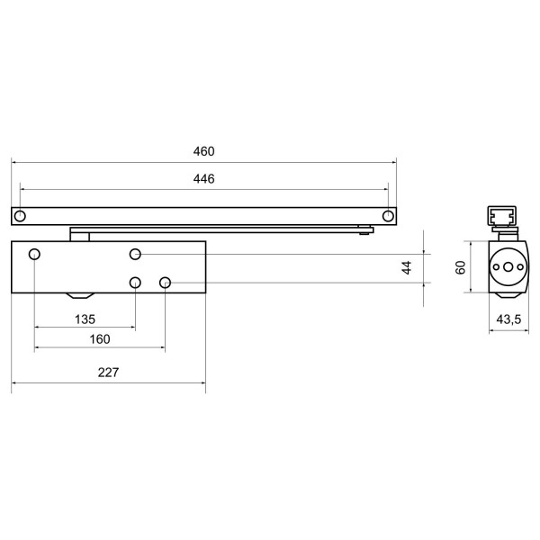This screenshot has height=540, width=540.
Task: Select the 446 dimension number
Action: click(203, 179)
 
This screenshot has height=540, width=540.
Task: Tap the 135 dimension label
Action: click(84, 319)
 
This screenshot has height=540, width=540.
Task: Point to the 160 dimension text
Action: click(100, 339)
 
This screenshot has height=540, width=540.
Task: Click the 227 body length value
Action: click(108, 373)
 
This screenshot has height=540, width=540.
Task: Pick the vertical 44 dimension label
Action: click(406, 267)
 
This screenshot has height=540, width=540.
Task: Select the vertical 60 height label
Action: click(460, 267)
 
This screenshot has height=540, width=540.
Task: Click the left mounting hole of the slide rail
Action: click(20, 216)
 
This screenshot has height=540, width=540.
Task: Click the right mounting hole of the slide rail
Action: click(388, 216)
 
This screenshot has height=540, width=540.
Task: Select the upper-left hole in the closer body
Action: click(34, 254)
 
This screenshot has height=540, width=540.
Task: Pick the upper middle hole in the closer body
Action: click(135, 254)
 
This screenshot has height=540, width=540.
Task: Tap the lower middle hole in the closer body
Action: click(135, 283)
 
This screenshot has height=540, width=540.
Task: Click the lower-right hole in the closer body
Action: click(166, 283)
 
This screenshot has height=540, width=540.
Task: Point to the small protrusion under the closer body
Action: click(78, 296)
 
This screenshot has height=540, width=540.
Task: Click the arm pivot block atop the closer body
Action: click(80, 235)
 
